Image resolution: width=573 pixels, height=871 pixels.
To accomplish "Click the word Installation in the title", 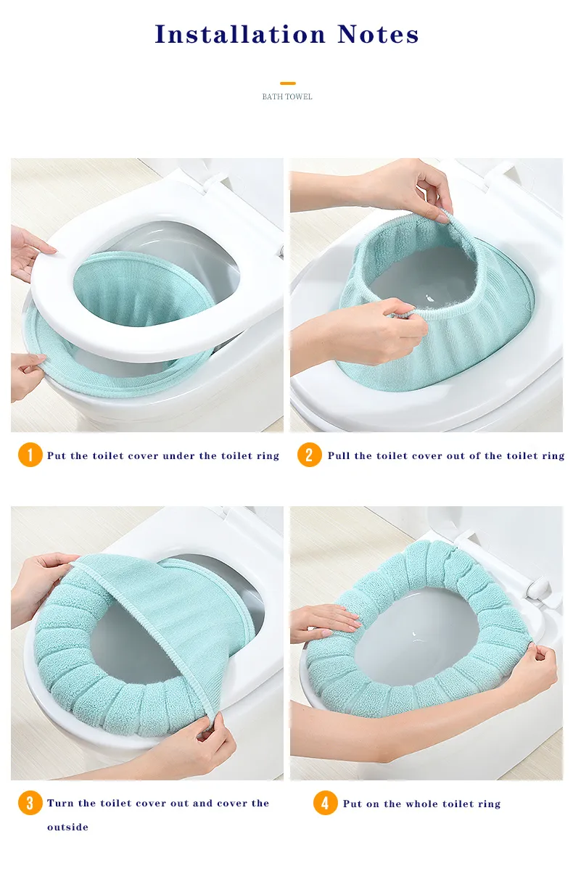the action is (x=240, y=34).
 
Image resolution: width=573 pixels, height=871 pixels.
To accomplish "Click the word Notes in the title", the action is (x=378, y=34).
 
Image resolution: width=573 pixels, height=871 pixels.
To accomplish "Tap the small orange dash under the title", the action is (x=287, y=83).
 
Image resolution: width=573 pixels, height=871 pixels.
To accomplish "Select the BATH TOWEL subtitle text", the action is (x=287, y=97).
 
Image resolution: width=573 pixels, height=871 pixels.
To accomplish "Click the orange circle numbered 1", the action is (x=30, y=455).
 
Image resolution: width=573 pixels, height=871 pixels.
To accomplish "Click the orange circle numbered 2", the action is (x=309, y=455).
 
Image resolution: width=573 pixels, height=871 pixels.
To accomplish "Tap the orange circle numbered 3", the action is (x=30, y=803).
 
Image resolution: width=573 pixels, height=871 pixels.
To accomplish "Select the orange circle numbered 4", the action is (x=325, y=803).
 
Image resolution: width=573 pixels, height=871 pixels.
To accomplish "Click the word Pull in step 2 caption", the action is (x=339, y=455).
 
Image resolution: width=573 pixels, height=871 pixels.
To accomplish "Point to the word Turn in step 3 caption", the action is (x=60, y=804).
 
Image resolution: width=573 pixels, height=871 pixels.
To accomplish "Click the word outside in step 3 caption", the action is (x=67, y=827).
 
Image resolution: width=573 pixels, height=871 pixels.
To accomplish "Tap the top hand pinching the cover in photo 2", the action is (x=389, y=189).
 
